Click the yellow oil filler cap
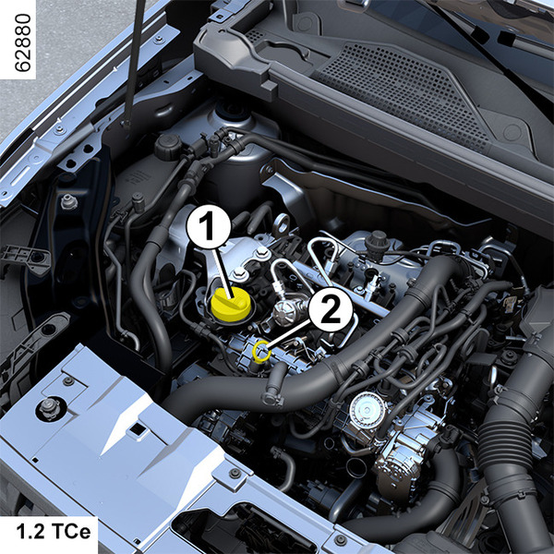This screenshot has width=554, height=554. (231, 304)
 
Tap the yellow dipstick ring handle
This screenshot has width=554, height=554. (262, 352)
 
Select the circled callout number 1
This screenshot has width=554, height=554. (209, 227)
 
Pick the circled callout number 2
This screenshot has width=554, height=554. (331, 310)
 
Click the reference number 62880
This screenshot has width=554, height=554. (22, 42)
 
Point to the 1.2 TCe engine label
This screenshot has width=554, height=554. (53, 532)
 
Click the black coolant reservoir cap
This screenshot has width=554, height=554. (168, 146)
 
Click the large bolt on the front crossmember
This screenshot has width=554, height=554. (50, 408)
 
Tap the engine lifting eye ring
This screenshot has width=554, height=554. (282, 223)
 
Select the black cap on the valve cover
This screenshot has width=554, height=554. (378, 241)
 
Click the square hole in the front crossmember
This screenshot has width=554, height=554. (137, 429)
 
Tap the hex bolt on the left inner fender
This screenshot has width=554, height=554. (68, 202)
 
